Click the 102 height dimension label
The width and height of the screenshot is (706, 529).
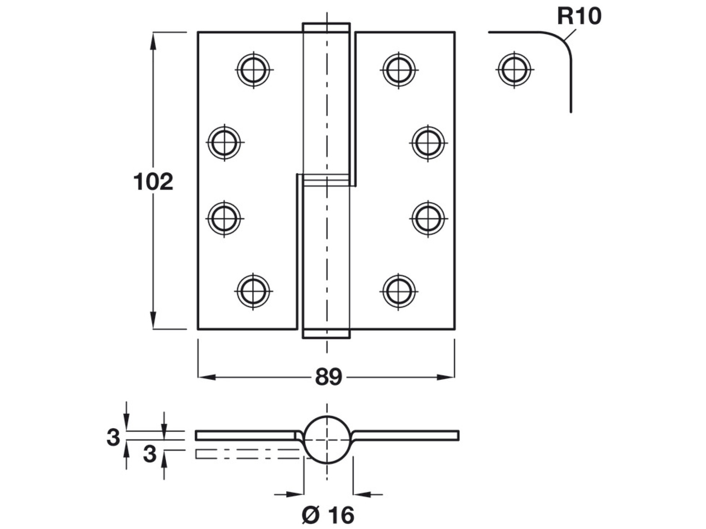click(x=153, y=182)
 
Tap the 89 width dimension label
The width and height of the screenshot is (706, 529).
click(x=329, y=377)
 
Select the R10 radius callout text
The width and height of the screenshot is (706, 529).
click(x=579, y=16)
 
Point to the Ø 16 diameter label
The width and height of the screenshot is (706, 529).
click(x=328, y=515)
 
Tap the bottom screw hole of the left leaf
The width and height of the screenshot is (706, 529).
click(x=253, y=291)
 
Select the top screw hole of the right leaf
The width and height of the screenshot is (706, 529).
click(x=399, y=70)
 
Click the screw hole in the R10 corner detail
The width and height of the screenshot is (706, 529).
click(x=514, y=70)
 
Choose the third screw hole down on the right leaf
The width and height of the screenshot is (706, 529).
click(x=428, y=218)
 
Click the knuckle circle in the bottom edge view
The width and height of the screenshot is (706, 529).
click(x=327, y=440)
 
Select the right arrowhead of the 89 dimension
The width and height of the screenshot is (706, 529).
click(x=446, y=377)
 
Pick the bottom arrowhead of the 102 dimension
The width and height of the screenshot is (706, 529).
click(x=153, y=320)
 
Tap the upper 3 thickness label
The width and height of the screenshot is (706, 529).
click(x=113, y=437)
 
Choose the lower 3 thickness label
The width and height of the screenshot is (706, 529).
click(x=149, y=455)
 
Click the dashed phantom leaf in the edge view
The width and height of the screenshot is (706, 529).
click(x=247, y=454)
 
